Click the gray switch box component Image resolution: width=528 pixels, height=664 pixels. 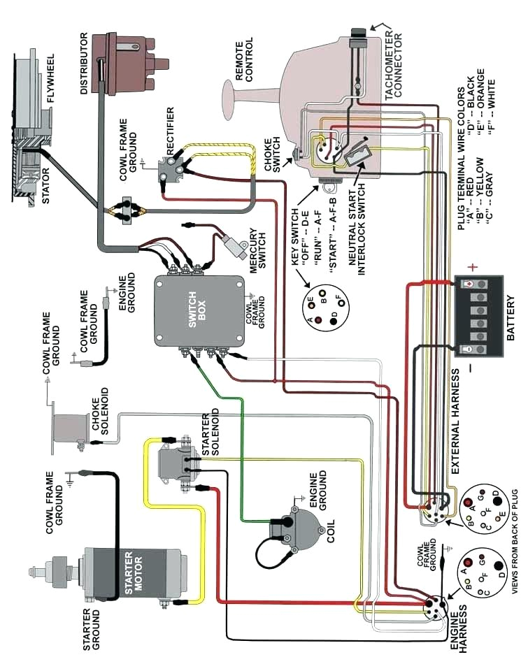click(x=199, y=310)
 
